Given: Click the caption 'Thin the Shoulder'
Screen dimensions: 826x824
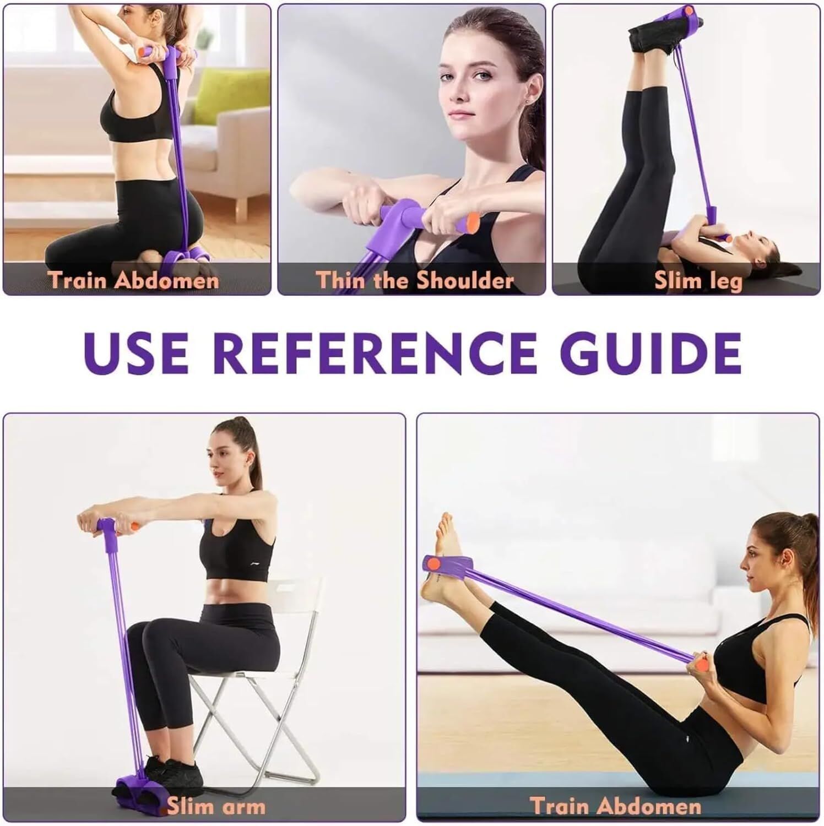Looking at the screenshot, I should point(414,280).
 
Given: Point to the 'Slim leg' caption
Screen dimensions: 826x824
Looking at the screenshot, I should point(698,280).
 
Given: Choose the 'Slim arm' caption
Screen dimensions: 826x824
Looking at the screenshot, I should point(215,807).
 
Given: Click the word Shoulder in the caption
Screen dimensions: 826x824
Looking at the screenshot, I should point(464,280).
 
